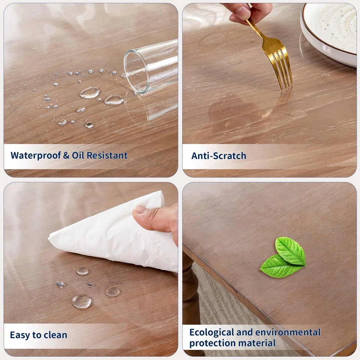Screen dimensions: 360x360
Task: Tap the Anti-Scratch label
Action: click(x=219, y=156)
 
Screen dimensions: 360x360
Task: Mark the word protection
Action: click(x=212, y=343)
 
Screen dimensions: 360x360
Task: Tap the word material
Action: click(x=259, y=343)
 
